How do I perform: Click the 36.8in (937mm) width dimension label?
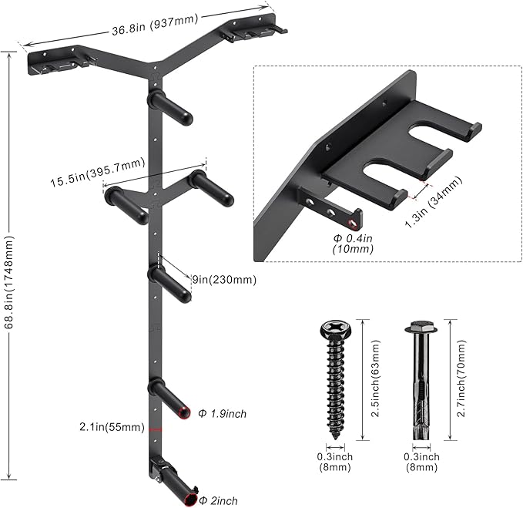tap(155, 25)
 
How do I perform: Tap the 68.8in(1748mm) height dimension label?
tap(9, 282)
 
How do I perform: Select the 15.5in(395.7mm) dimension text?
tap(98, 172)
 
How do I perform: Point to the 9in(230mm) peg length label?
tap(224, 279)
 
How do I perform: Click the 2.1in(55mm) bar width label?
tap(112, 427)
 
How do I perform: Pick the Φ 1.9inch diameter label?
tap(222, 414)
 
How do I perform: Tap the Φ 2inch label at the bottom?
tap(219, 500)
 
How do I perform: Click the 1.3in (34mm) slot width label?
tap(434, 202)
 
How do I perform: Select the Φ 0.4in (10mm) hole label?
tap(353, 244)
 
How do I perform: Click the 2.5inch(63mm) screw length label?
tap(376, 378)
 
